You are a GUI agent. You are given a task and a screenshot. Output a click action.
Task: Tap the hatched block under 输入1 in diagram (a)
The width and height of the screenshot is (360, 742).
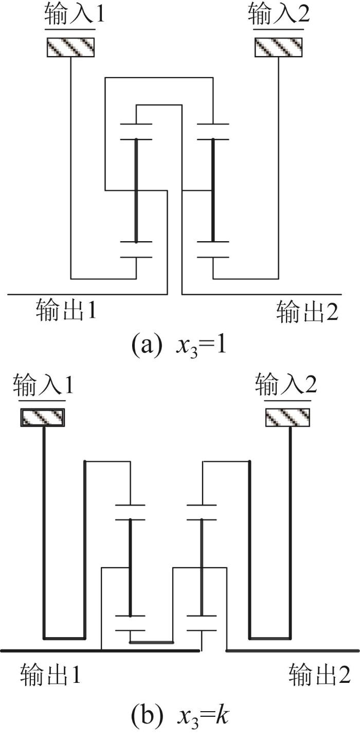coord(70,47)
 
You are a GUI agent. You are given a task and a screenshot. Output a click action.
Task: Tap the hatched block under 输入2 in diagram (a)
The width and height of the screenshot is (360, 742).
coord(278,47)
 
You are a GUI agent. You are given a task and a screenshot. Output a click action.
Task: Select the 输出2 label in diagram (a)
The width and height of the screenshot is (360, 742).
coord(308,312)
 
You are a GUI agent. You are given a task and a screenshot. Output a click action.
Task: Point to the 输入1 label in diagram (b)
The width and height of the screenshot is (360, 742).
coord(43,384)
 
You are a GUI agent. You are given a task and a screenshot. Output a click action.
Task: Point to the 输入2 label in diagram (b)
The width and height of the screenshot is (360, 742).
coord(286,384)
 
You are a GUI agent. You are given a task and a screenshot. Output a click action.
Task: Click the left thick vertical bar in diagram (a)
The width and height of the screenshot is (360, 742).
coord(136,191)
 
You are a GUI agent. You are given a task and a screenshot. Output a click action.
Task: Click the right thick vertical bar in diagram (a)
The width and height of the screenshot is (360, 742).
coord(213,191)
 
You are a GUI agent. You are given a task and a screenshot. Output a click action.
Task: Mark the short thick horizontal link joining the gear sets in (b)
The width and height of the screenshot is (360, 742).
coord(151,642)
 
